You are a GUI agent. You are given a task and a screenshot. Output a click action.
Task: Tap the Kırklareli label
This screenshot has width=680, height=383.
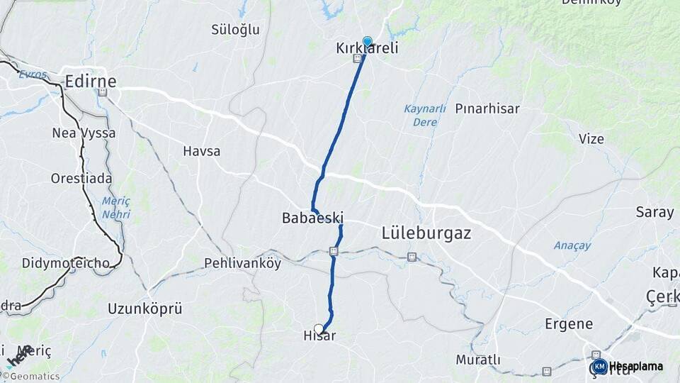pos(367,49)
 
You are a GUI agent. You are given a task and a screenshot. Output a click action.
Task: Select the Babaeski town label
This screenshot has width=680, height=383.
pos(312,218)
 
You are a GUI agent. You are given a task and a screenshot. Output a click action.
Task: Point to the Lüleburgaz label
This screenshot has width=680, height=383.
pos(426,233)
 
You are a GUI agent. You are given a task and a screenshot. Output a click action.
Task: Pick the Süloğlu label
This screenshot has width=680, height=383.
pos(236,30)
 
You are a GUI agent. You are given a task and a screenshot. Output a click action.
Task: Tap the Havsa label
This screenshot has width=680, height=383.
pos(201,151)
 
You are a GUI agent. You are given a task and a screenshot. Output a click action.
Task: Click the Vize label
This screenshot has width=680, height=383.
pos(591,139)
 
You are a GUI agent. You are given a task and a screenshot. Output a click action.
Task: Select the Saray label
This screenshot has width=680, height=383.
pos(654,212)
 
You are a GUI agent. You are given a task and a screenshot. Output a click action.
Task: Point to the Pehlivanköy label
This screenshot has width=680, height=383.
pos(242,263)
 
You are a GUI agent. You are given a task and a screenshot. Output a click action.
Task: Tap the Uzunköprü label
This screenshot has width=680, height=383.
pos(145,309)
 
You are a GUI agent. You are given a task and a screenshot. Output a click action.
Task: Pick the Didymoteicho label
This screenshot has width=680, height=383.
pos(65,263)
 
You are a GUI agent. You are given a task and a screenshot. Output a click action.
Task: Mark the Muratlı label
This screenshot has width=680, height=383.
pos(478,360)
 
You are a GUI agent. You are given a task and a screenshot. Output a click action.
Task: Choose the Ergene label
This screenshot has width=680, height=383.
pos(569,323)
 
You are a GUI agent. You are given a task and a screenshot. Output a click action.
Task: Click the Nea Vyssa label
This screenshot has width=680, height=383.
pos(84,133)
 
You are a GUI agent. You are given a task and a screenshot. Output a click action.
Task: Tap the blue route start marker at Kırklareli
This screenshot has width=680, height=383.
pos(368,41)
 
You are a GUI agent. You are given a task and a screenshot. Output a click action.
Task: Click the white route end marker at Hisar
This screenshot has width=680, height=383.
pos(319,328)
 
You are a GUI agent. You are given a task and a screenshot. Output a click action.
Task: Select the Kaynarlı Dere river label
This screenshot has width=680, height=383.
pos(425,115)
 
